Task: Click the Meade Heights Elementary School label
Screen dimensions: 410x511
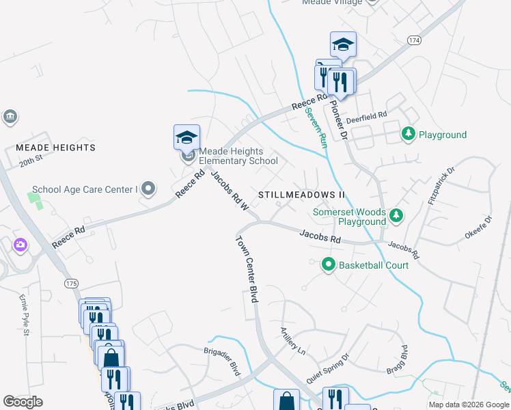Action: (x=238, y=156)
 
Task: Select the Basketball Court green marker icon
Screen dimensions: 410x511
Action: (x=329, y=264)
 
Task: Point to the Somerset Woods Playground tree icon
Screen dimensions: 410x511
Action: (x=396, y=217)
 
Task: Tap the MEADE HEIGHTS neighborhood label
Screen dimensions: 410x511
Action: (x=55, y=148)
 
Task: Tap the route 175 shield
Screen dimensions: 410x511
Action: (x=70, y=283)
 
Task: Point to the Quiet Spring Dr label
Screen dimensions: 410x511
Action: (x=327, y=367)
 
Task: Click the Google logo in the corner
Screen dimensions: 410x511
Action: (x=23, y=402)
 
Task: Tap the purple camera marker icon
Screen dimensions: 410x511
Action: (x=20, y=244)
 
